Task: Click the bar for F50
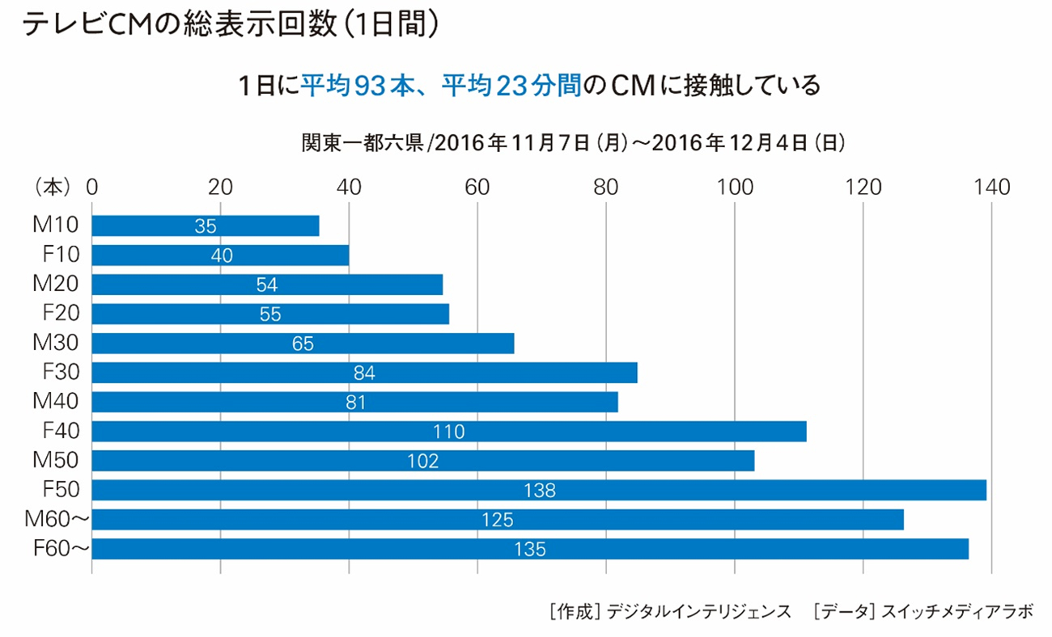(539, 490)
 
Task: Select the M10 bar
(206, 226)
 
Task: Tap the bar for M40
(355, 402)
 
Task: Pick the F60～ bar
(530, 549)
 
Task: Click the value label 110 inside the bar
(448, 432)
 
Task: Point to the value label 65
(303, 344)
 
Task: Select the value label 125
(497, 520)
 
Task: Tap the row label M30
(57, 343)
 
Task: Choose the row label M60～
(57, 520)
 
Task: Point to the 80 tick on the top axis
(606, 188)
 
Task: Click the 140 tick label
(992, 188)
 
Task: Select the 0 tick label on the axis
(91, 188)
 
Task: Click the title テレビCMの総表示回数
(174, 24)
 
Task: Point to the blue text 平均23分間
(511, 85)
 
